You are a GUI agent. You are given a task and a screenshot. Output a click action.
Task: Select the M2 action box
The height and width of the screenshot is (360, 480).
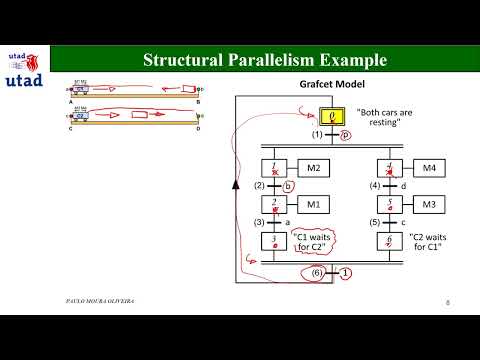313,167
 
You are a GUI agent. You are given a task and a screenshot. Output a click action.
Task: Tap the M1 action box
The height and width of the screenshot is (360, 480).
313,205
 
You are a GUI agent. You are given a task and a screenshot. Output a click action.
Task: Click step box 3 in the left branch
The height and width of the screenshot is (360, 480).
274,242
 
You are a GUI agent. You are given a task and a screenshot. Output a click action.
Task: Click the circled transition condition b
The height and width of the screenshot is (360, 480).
288,186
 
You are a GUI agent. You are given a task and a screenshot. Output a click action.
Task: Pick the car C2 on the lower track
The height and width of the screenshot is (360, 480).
84,116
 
